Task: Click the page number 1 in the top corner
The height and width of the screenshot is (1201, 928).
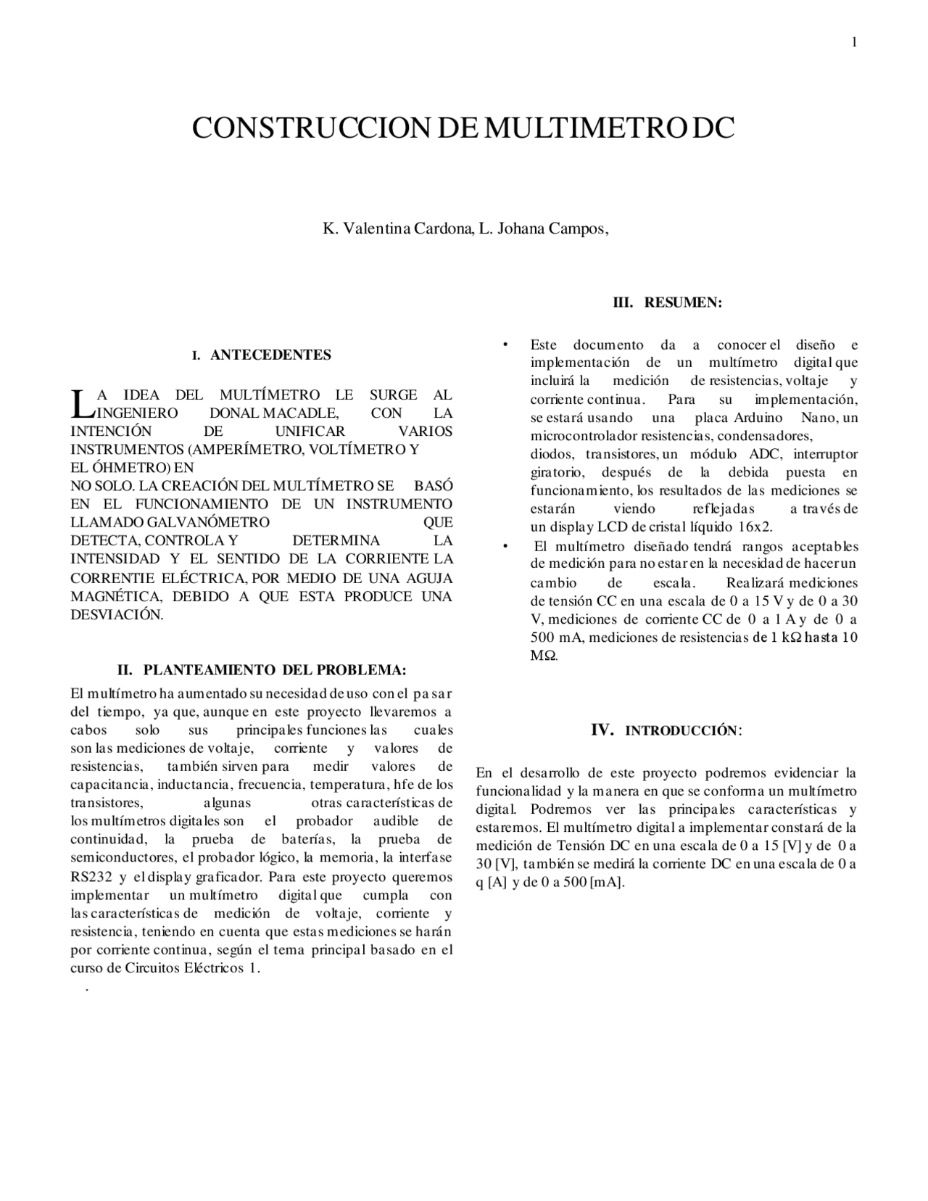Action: (x=854, y=42)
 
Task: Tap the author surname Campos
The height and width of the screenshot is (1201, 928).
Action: (x=577, y=228)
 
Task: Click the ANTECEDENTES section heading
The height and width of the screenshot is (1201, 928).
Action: (x=270, y=355)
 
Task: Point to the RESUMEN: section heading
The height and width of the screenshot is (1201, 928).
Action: (x=683, y=302)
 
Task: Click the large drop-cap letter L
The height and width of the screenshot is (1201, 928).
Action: (x=80, y=404)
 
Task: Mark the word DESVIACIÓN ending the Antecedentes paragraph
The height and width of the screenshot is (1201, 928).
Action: (x=116, y=614)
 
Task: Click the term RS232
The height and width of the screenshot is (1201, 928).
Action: (x=91, y=876)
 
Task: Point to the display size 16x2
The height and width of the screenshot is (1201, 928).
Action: (x=755, y=527)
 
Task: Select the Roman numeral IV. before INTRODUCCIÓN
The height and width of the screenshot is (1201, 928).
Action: (x=603, y=730)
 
